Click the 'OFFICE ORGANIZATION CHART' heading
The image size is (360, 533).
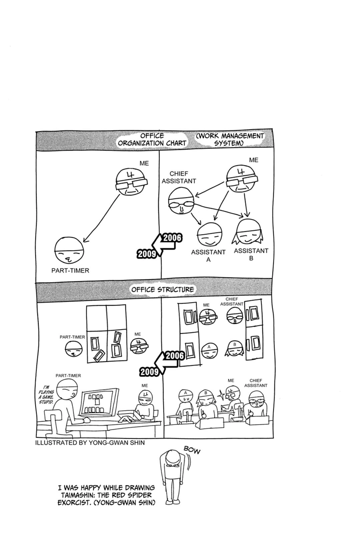pyautogui.click(x=152, y=140)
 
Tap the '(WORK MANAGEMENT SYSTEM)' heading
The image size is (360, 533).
pyautogui.click(x=230, y=140)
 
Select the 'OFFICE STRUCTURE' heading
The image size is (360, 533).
pyautogui.click(x=163, y=289)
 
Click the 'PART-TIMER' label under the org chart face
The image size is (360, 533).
pyautogui.click(x=70, y=270)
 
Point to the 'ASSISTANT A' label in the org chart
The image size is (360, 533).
pyautogui.click(x=208, y=256)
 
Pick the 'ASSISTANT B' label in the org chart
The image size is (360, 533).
pyautogui.click(x=251, y=255)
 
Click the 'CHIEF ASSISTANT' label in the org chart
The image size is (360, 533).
pyautogui.click(x=179, y=177)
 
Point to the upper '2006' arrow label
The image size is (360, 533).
pyautogui.click(x=172, y=238)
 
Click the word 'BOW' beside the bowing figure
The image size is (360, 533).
pyautogui.click(x=192, y=450)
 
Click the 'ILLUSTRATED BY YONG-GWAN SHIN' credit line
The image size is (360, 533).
pyautogui.click(x=90, y=443)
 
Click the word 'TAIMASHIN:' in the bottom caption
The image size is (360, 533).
pyautogui.click(x=78, y=495)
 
